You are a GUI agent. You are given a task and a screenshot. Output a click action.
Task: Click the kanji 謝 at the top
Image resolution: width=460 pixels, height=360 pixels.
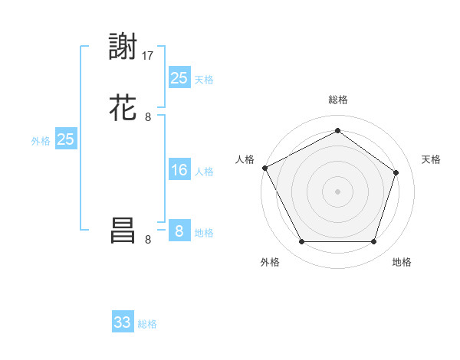coord(123,47)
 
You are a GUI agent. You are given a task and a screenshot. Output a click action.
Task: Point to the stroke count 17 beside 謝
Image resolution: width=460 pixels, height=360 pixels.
coord(149,56)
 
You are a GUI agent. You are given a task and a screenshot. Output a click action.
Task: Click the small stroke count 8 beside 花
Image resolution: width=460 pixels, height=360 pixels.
coord(148,117)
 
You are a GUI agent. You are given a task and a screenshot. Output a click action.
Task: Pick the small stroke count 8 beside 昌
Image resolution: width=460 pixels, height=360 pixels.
coord(148,239)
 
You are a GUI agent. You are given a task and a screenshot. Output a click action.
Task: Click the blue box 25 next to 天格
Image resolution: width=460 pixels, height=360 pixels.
coord(179,77)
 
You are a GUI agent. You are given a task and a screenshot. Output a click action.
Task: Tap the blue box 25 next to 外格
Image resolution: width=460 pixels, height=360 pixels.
coord(66,139)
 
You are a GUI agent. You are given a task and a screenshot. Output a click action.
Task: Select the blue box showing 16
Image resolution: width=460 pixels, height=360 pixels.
coord(179,170)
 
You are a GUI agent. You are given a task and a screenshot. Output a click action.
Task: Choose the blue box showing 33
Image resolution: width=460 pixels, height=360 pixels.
coord(123,322)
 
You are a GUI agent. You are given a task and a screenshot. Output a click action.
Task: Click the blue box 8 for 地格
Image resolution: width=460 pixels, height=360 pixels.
coord(179,231)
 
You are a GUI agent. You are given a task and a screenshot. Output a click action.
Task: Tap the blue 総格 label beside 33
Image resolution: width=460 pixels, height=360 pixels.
coord(147,324)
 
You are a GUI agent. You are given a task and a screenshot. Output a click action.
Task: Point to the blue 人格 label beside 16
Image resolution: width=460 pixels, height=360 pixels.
coord(204,172)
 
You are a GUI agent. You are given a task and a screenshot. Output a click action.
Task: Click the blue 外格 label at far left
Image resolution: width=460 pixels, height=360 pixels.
coord(41,141)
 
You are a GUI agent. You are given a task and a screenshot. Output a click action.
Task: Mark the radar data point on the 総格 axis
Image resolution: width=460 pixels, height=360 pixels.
coord(337,131)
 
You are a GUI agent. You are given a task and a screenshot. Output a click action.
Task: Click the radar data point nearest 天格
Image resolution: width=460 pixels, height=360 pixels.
coord(396,172)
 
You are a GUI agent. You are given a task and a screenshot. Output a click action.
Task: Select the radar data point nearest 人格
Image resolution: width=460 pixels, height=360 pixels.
coord(264,167)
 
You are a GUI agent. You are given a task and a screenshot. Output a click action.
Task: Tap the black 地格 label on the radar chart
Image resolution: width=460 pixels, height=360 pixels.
coord(402,262)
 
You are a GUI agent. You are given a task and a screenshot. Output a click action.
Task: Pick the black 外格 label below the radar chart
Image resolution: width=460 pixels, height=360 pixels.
coord(270,262)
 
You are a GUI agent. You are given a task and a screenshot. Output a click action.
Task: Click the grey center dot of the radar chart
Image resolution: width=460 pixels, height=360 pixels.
coord(337,191)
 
